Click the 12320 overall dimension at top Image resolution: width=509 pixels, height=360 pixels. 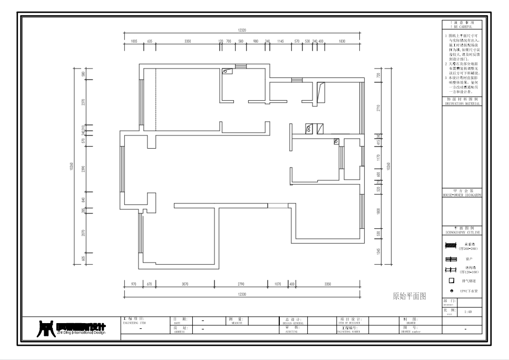[242, 31]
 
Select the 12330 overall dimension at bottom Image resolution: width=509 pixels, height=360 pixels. [242, 295]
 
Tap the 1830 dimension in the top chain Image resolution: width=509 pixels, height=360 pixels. [341, 41]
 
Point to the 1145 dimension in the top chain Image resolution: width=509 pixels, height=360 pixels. [280, 41]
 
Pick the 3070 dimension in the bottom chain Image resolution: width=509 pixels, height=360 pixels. [185, 284]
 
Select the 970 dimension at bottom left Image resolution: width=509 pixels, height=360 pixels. [133, 284]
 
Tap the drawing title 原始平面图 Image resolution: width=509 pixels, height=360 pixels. [409, 296]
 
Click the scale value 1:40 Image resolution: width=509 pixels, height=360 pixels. [468, 312]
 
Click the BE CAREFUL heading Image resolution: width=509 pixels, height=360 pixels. [462, 26]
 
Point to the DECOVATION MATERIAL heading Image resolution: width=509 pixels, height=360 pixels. [462, 103]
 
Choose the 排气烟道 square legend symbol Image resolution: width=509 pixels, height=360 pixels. [451, 280]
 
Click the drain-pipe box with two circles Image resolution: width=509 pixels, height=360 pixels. [309, 128]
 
